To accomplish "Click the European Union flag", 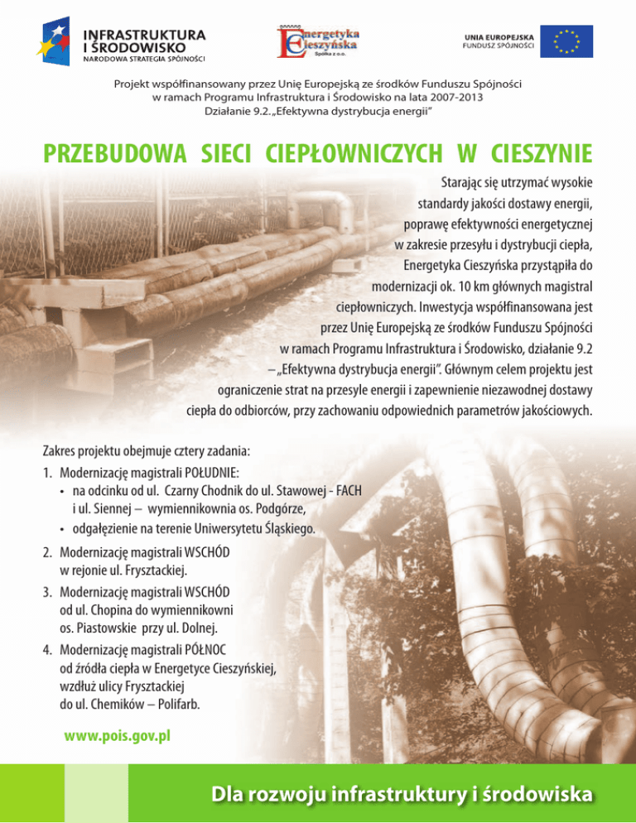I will [x=567, y=41].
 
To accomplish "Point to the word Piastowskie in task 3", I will [x=106, y=630].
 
